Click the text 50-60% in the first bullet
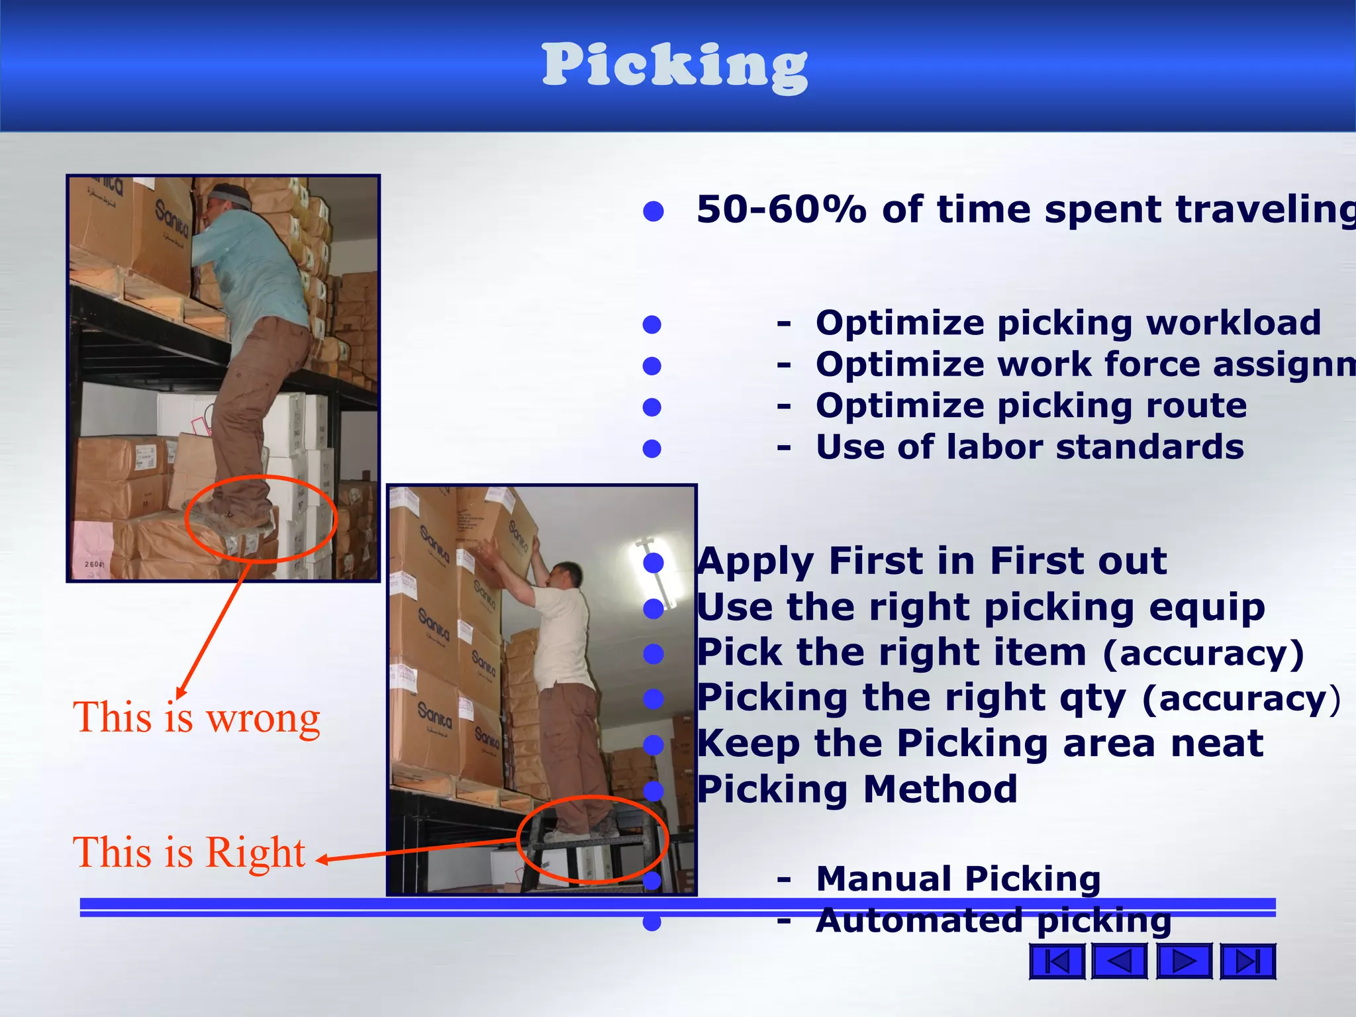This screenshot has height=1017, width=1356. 781,210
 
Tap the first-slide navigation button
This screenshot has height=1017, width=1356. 1057,961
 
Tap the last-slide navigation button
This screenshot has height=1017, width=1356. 1248,961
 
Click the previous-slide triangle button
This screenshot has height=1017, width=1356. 1120,961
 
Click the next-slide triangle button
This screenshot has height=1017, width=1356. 1184,961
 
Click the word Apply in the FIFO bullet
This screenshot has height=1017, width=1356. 755,562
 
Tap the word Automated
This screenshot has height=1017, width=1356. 920,921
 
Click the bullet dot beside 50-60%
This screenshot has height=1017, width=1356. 654,211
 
